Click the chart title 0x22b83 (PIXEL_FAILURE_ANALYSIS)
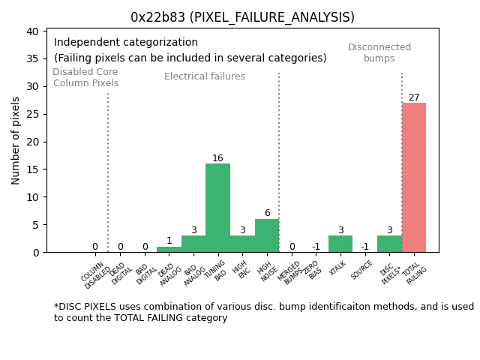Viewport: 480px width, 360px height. click(242, 17)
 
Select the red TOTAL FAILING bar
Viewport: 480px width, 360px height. click(414, 178)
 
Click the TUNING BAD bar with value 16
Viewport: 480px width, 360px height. click(217, 208)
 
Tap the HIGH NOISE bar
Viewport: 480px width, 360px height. click(267, 235)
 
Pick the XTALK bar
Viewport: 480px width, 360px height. click(340, 244)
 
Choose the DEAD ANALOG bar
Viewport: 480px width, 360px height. click(169, 250)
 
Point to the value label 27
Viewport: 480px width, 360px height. click(414, 97)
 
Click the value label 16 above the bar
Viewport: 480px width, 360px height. click(217, 158)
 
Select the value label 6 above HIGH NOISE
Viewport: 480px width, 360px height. click(267, 214)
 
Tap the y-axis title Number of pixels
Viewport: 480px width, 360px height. click(16, 140)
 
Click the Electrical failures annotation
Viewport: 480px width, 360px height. click(205, 76)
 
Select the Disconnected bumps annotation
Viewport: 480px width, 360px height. click(379, 53)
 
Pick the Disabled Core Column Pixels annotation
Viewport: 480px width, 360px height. click(85, 78)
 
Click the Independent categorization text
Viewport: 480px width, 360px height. click(126, 43)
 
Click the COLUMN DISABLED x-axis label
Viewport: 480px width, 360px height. click(95, 275)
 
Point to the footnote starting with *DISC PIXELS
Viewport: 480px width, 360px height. click(263, 312)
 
